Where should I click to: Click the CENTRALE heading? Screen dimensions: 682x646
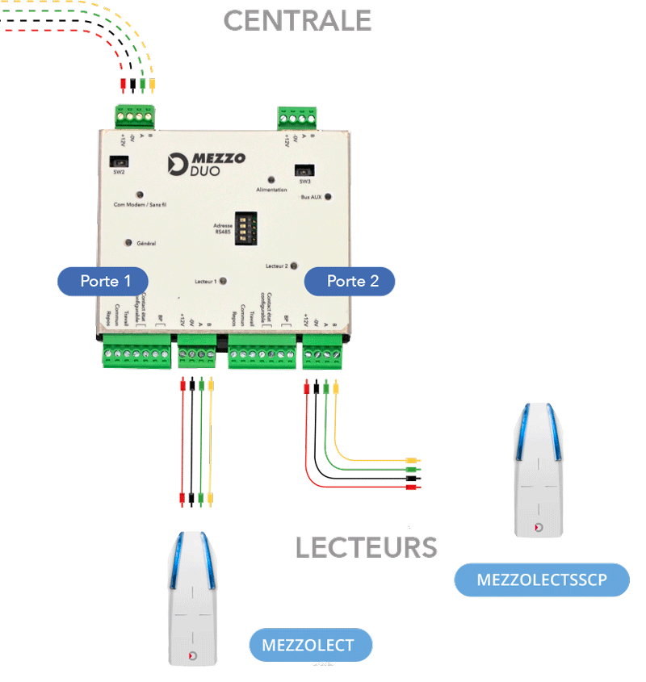[x=297, y=21]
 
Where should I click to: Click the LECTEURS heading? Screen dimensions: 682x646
[x=366, y=547]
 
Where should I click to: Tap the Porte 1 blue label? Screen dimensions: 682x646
[x=103, y=281]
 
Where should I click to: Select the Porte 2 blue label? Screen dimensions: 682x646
[x=350, y=281]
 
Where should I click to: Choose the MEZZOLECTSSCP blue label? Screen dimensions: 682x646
[x=542, y=579]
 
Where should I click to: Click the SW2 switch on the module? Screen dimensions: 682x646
[x=119, y=161]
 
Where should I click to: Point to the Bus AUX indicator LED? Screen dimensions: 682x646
[x=328, y=196]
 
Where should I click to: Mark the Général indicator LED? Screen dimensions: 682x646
[x=128, y=242]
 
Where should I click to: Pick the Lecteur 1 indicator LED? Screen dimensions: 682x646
[x=223, y=281]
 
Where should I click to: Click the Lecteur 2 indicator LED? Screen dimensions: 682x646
[x=293, y=265]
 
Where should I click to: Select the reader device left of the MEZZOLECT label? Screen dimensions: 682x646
[x=191, y=599]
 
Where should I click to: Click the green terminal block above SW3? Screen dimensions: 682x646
[x=296, y=119]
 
